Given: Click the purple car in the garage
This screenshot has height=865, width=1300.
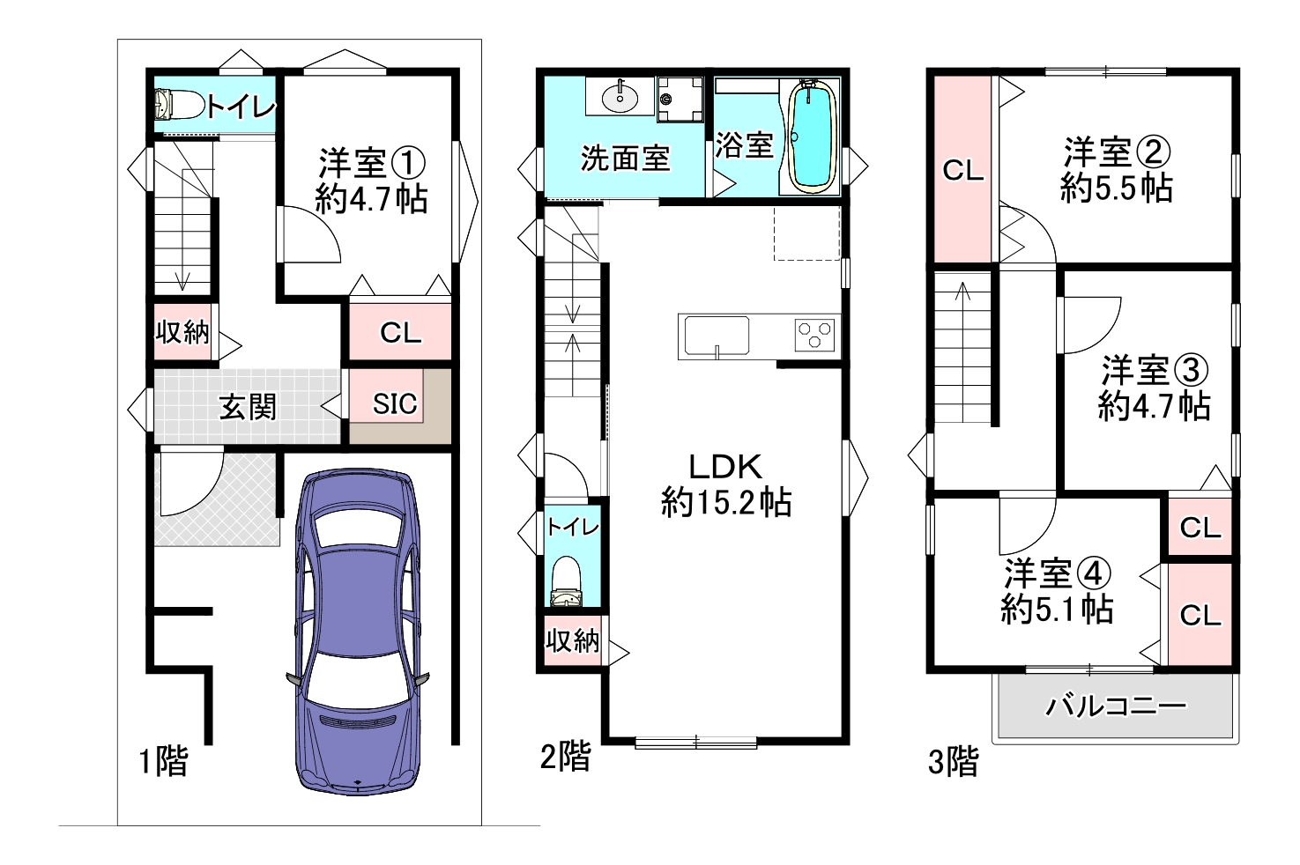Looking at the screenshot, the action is (x=358, y=632).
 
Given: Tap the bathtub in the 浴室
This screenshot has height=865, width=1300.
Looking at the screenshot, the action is (x=811, y=137).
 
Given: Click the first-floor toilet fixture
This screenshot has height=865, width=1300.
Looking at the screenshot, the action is (x=179, y=105).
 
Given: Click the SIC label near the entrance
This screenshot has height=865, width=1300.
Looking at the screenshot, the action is (x=395, y=403).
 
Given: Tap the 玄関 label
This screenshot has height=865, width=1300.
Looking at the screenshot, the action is (x=248, y=407).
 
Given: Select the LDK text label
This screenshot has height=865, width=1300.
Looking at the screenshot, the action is (x=725, y=467).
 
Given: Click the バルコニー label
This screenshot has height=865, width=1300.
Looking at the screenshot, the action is (x=1116, y=706).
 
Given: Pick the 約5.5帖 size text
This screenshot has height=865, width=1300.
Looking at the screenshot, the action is (x=1116, y=188).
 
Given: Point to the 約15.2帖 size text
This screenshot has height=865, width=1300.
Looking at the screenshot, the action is (x=726, y=502).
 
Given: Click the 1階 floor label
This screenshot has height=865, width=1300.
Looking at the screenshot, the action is (x=164, y=761).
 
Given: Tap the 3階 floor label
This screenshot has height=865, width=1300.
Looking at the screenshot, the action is (x=954, y=761).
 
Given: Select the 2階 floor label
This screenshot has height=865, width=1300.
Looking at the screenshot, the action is (x=565, y=757).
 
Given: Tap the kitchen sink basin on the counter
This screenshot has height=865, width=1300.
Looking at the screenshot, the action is (x=717, y=336).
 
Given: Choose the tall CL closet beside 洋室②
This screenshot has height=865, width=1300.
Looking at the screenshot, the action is (x=962, y=169).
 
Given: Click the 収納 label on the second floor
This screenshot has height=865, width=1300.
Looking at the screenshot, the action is (x=572, y=640).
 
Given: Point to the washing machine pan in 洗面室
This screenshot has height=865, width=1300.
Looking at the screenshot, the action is (x=680, y=100).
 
